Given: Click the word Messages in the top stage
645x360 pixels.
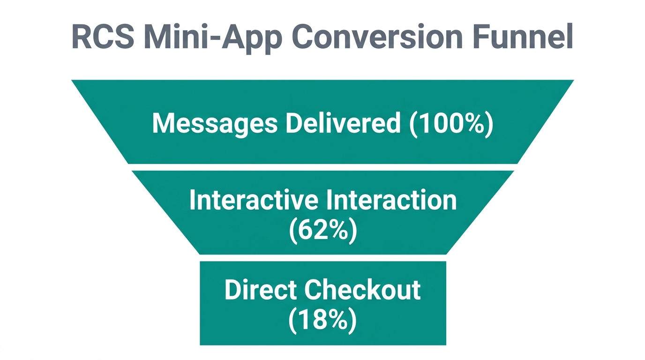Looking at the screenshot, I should pos(215,123).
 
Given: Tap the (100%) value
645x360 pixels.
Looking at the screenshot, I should pos(451,123).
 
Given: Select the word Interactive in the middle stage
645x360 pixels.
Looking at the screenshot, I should pos(254,201).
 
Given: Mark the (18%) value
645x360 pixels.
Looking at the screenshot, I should pos(322,320).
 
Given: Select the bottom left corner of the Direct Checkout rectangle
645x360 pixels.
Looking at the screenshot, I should pos(201,344).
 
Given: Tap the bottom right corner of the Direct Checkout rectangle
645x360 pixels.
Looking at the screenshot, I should pos(445,344).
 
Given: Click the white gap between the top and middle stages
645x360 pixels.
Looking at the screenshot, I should pos(322,167).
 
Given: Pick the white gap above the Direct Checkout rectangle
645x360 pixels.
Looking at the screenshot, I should pos(322,258).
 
